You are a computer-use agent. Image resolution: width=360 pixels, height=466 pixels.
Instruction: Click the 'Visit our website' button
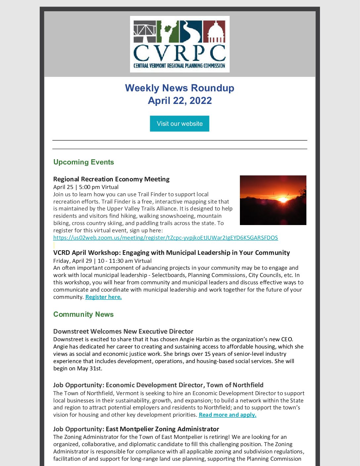coord(179,123)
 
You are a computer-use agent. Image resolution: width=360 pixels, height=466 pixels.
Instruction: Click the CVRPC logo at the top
coord(180,44)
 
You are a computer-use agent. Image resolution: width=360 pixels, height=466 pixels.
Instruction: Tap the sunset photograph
coord(273,200)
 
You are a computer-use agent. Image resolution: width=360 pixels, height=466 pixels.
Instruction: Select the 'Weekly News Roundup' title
coord(179,88)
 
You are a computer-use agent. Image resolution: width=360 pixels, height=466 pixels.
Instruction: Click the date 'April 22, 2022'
coord(180,101)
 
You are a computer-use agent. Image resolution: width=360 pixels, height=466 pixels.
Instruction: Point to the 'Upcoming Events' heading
coord(83,162)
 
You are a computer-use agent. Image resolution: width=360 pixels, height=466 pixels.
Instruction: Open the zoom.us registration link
coord(165,238)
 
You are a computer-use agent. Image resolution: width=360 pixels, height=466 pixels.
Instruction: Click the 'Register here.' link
coord(103,297)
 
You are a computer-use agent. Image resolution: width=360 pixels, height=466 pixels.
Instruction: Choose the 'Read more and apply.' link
coord(227,415)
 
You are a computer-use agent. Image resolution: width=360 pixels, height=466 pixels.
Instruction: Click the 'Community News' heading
coord(83,314)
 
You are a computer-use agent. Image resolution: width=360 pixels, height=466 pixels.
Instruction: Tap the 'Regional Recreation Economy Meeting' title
coord(111,179)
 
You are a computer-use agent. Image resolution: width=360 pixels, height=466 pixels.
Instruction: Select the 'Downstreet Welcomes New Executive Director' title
coord(123,331)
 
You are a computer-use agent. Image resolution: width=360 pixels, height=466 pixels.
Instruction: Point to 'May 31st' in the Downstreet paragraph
coord(89,368)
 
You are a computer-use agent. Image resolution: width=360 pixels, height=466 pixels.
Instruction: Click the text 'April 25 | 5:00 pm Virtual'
coord(86,187)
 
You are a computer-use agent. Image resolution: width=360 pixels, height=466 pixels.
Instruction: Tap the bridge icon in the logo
coord(145,32)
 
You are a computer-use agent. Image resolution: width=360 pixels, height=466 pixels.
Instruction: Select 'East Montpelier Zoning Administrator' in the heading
coord(162,429)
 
